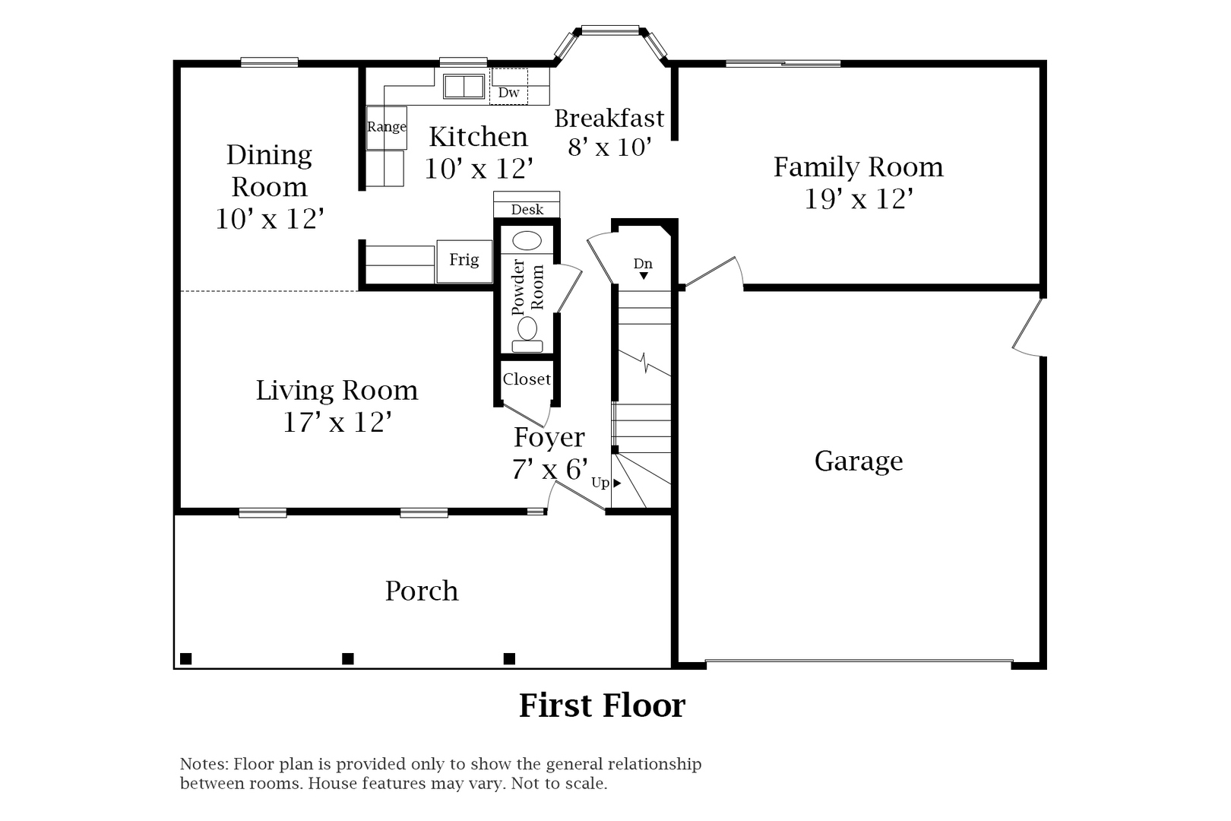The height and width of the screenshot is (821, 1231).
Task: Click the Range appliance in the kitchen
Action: point(386,127)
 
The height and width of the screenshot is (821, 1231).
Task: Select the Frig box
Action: point(464,261)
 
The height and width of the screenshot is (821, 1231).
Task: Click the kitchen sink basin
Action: point(464,87)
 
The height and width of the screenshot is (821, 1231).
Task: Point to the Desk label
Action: point(527,210)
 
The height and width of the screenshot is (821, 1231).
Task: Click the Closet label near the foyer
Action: point(527,379)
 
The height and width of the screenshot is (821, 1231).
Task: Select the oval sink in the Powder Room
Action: point(527,242)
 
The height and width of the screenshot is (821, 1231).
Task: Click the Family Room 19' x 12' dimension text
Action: point(858,199)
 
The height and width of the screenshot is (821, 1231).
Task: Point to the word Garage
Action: point(859,461)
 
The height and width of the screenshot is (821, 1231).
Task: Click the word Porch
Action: point(422,591)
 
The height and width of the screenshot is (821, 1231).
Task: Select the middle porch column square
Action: point(348,658)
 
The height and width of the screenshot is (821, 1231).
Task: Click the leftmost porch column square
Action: point(185,658)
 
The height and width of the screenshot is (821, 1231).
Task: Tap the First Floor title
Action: point(602,705)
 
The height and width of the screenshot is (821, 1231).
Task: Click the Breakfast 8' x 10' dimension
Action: point(609,147)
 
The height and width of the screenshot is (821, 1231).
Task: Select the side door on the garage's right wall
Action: point(1027,327)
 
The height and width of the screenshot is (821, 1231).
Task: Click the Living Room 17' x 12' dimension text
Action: point(337,422)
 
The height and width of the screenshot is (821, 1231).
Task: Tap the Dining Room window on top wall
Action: point(269,62)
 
